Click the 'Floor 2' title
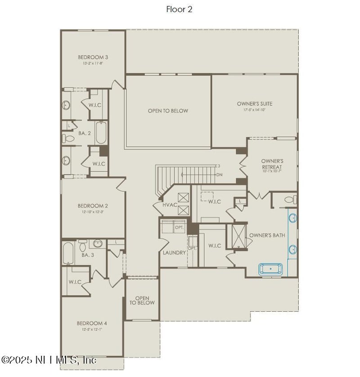click(179, 9)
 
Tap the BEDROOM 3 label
click(93, 57)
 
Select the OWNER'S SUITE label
click(254, 104)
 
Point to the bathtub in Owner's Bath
click(270, 269)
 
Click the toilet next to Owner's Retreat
click(289, 199)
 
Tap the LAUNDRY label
click(174, 253)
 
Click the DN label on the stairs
click(219, 175)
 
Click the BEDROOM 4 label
click(92, 323)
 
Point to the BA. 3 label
click(88, 255)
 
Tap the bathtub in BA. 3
click(69, 254)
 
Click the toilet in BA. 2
click(66, 137)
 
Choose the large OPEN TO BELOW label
click(168, 111)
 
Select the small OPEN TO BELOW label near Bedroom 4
click(142, 300)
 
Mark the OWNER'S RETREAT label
click(272, 164)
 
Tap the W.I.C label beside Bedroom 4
click(75, 282)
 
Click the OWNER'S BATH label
click(267, 235)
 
